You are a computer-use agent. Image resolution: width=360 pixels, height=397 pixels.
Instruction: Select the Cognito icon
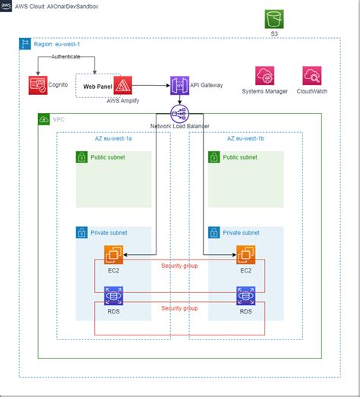(x=36, y=85)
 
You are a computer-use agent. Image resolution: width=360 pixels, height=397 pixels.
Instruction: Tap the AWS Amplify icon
(x=124, y=84)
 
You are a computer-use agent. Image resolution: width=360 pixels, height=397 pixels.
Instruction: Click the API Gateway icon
(x=180, y=85)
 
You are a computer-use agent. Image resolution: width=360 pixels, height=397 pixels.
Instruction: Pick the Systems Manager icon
(x=264, y=76)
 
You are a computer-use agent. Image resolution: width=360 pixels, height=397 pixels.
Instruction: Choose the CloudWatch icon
(x=312, y=76)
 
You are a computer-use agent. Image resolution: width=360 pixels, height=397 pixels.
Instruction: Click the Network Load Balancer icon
(x=180, y=113)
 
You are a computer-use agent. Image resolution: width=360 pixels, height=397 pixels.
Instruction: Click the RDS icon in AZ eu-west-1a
(x=114, y=295)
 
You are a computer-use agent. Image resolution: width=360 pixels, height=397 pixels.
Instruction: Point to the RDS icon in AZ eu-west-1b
(x=245, y=295)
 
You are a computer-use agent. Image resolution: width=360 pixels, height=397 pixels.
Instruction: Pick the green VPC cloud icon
(x=44, y=120)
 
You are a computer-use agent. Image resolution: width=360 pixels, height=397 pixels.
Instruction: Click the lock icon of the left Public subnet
(x=82, y=157)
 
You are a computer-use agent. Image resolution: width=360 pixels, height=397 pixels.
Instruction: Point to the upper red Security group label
(x=179, y=266)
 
